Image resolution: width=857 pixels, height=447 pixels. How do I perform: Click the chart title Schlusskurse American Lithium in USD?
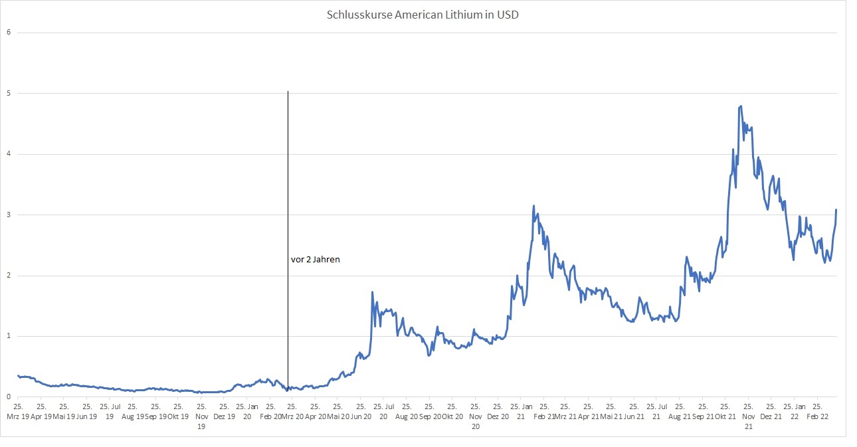click(x=423, y=15)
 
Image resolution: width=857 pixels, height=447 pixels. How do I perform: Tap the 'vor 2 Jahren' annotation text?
click(x=316, y=260)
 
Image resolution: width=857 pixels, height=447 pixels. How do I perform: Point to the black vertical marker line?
click(x=288, y=199)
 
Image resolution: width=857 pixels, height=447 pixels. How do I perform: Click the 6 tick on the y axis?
click(x=9, y=33)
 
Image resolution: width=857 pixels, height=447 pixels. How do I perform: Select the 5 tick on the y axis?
click(x=9, y=94)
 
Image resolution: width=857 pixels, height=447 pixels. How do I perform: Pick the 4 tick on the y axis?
click(x=9, y=154)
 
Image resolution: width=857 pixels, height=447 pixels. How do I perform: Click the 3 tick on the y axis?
click(x=9, y=215)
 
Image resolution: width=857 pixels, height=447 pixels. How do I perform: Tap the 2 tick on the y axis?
click(x=9, y=276)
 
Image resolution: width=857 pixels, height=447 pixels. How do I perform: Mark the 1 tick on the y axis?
click(x=9, y=336)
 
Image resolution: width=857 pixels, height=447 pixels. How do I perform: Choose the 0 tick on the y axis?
click(x=9, y=397)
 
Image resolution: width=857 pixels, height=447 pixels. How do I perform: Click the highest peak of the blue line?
click(x=741, y=106)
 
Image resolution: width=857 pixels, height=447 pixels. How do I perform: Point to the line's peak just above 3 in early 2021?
click(x=534, y=206)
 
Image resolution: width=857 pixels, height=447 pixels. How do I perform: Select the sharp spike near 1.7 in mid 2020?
click(x=372, y=292)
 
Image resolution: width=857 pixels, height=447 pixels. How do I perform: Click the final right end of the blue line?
click(x=836, y=210)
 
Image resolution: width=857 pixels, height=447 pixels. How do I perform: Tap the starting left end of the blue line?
click(x=18, y=375)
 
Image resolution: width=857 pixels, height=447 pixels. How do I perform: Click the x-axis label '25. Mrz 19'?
click(x=19, y=411)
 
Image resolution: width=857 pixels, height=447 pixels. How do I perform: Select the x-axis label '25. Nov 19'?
click(x=201, y=416)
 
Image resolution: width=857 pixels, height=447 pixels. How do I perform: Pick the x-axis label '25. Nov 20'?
click(x=475, y=416)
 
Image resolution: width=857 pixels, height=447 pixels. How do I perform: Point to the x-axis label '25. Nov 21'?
click(x=747, y=416)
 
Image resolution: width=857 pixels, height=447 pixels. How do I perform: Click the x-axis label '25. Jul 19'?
click(x=110, y=411)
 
